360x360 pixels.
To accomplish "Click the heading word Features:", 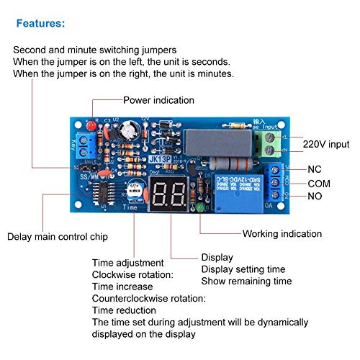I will (x=41, y=23).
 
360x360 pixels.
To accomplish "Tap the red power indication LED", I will (x=92, y=126).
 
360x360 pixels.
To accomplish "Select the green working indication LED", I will (x=198, y=209).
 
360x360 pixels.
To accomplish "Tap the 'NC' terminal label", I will (x=314, y=169).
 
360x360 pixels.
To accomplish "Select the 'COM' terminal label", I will (x=318, y=184).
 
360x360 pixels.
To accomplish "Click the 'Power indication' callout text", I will (x=158, y=100).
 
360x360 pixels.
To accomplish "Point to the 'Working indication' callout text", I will (x=282, y=234).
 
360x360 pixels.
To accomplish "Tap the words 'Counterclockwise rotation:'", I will (x=148, y=298).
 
